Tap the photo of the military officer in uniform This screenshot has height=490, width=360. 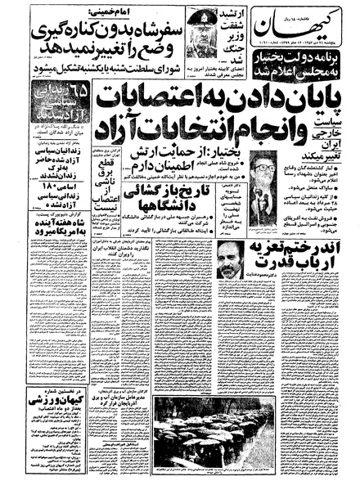click(x=203, y=33)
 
